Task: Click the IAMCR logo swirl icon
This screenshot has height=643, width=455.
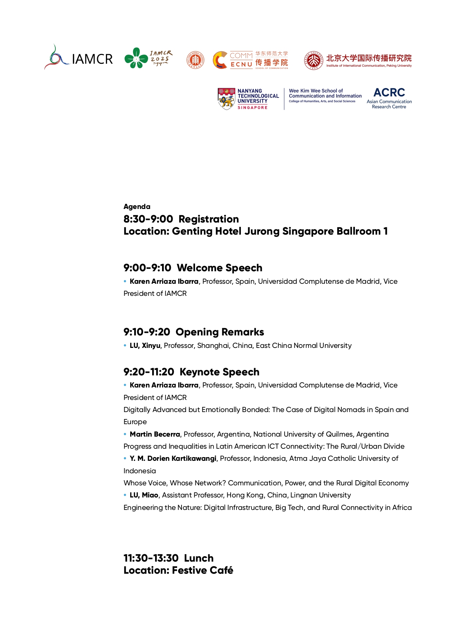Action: coord(56,57)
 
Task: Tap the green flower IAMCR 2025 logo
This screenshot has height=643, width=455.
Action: coord(136,58)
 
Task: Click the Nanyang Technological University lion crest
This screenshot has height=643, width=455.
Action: coord(226,98)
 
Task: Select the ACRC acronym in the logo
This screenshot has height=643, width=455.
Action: coord(389,92)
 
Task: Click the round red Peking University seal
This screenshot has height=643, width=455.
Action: coord(313,60)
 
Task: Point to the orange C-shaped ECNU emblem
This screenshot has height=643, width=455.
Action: coord(220,60)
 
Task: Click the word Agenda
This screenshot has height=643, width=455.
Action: coord(137,207)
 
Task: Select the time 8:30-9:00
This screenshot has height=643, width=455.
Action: coord(148,219)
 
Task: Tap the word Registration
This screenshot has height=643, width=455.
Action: coord(209,219)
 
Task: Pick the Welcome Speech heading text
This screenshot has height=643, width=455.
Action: coord(219,268)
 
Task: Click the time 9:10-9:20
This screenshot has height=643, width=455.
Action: coord(147,332)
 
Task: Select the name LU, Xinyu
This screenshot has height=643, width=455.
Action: coord(145,346)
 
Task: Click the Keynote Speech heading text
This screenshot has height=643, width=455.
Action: coord(219,372)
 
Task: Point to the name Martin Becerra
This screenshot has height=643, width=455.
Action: coord(155,434)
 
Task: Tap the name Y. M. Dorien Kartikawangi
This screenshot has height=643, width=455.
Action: coord(173,459)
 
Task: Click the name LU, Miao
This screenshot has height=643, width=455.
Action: coord(144,495)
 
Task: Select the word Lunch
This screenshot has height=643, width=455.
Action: coord(199,558)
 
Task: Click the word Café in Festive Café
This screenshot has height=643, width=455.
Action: coord(221,570)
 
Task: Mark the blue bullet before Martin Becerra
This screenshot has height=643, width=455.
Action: coord(125,434)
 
